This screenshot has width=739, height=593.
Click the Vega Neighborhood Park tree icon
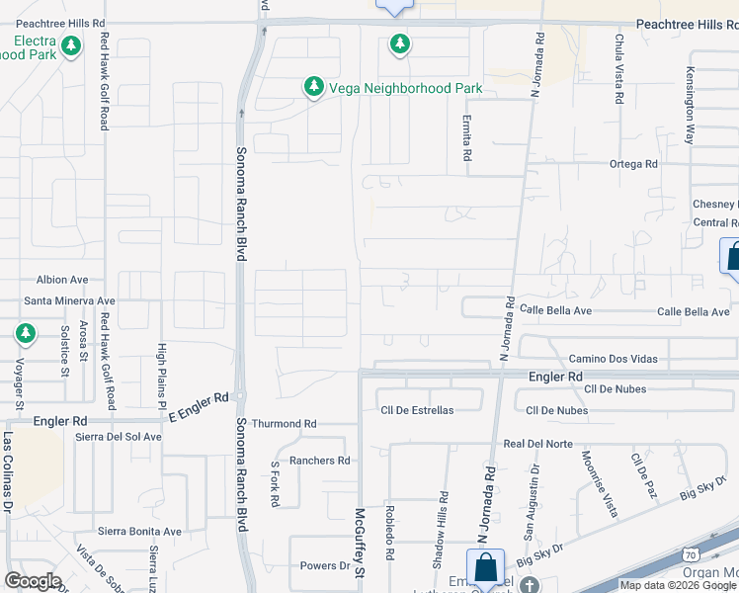tap(313, 88)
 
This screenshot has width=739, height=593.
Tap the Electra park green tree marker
tap(70, 45)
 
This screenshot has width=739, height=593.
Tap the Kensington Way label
tap(691, 93)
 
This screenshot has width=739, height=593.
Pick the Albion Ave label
tap(62, 280)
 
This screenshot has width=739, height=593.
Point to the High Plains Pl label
tap(161, 376)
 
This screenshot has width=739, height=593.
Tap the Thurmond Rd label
tap(284, 424)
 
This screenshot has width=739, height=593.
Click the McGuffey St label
tap(361, 545)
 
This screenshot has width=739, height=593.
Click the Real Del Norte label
tap(537, 445)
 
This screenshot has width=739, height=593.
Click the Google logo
tap(34, 581)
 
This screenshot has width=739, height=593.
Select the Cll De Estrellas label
tap(417, 410)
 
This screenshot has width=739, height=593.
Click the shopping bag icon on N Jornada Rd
tap(485, 568)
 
